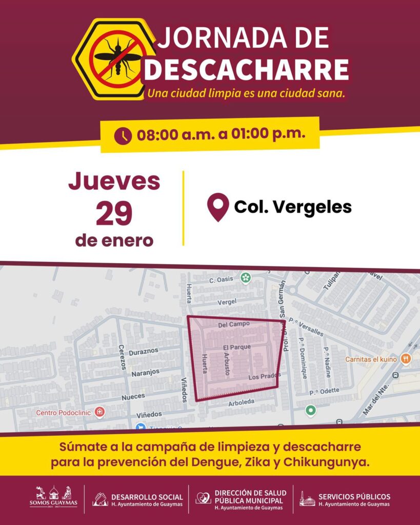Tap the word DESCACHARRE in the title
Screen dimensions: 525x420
(x=246, y=70)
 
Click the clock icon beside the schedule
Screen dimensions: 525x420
(x=123, y=136)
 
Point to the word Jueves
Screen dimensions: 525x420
(x=114, y=182)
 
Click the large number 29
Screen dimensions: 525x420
(x=114, y=214)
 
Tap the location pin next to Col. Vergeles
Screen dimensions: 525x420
(x=217, y=207)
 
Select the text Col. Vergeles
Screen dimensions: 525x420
(x=293, y=207)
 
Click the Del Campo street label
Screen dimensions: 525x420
(x=234, y=324)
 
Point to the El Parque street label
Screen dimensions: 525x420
(x=237, y=348)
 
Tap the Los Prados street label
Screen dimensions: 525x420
(x=264, y=377)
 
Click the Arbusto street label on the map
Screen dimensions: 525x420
(x=226, y=364)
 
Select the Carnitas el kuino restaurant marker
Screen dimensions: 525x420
(x=406, y=359)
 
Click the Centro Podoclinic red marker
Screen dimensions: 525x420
(x=99, y=412)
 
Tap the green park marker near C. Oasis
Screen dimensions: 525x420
(x=246, y=278)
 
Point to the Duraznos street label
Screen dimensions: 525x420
(x=144, y=351)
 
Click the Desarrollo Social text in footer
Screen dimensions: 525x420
(x=147, y=496)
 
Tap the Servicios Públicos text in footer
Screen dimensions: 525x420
(x=354, y=496)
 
